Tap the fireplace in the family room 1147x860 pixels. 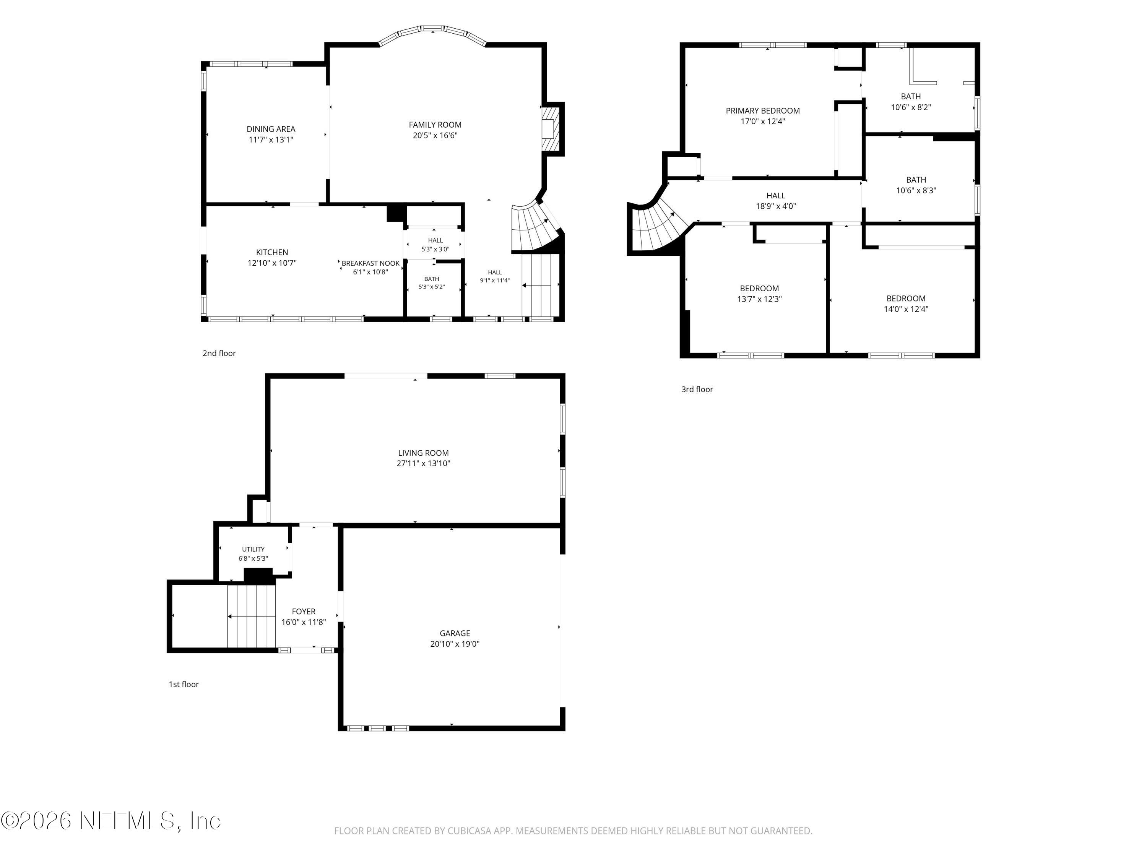tap(552, 129)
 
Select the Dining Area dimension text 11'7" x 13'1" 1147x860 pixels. tap(271, 140)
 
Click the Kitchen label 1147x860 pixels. tap(272, 252)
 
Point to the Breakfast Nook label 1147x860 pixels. tap(371, 263)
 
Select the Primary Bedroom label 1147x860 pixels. tap(763, 111)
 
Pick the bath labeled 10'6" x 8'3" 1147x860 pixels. tap(916, 185)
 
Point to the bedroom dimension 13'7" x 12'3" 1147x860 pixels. tap(760, 299)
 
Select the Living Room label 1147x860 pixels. tap(424, 453)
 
